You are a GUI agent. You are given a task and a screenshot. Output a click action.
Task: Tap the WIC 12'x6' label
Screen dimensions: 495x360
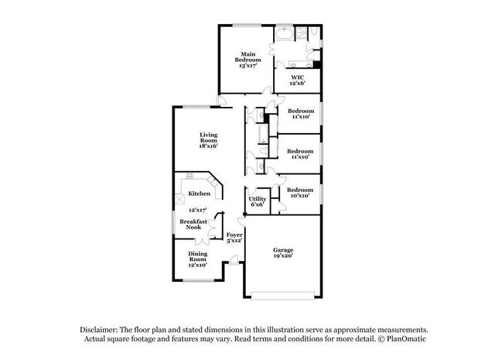(x=297, y=81)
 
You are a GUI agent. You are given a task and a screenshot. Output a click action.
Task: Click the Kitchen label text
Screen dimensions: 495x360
(x=200, y=194)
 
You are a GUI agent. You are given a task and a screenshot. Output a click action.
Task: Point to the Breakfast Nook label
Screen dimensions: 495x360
(x=193, y=224)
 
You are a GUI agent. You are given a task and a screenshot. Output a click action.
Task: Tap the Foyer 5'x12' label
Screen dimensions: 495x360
(x=234, y=238)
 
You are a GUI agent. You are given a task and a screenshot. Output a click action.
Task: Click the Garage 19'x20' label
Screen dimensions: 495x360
(x=283, y=253)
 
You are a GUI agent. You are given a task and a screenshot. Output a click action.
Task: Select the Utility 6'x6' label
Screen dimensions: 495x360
(x=258, y=201)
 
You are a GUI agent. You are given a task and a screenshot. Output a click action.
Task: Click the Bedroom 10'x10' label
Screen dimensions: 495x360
(x=300, y=193)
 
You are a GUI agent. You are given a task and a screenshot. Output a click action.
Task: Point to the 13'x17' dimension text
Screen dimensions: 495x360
(x=247, y=66)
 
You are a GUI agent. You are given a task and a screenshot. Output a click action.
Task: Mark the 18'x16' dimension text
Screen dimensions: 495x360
(x=208, y=146)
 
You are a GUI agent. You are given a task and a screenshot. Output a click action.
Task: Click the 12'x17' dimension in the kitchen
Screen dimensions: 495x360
(x=198, y=210)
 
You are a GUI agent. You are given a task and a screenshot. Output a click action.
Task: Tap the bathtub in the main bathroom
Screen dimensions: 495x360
(x=284, y=33)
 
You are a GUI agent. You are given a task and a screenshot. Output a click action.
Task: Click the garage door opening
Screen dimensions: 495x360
(x=283, y=296)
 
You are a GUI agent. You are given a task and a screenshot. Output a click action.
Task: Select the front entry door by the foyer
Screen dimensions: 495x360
(x=234, y=261)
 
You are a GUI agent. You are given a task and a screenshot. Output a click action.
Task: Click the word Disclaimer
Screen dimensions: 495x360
(x=99, y=330)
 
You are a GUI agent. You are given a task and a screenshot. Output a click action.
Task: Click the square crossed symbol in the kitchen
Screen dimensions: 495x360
(x=180, y=199)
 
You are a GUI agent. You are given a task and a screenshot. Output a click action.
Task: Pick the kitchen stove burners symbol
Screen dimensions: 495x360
(x=189, y=176)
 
